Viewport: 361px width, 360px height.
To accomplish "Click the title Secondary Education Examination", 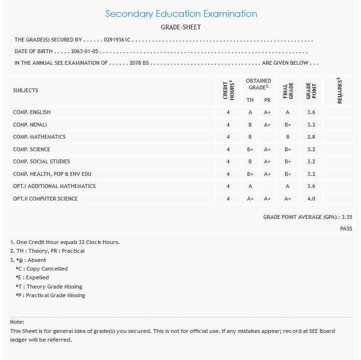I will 181,14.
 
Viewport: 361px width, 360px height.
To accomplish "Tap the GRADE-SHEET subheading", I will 181,28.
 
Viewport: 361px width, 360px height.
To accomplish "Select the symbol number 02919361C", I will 117,40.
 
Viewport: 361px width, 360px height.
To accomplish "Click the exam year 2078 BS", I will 139,63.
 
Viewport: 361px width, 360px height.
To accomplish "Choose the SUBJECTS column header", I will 26,90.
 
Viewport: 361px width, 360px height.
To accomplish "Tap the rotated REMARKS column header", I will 340,90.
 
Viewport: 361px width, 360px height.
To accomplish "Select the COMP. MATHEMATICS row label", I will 39,137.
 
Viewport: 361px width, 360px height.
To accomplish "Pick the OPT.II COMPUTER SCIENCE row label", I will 45,199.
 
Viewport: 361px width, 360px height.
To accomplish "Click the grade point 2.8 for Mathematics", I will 311,137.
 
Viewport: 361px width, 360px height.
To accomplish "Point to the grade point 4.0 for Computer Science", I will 311,199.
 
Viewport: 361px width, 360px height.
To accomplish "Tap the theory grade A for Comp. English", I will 250,113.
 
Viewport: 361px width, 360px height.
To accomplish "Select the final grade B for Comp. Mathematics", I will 288,137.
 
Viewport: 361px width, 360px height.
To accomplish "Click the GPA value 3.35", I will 347,217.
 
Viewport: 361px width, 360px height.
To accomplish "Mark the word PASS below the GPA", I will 346,229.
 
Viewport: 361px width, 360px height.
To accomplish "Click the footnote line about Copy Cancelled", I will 42,269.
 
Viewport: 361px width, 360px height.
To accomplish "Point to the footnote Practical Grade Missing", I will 50,295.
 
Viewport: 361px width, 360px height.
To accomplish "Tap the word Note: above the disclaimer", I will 17,322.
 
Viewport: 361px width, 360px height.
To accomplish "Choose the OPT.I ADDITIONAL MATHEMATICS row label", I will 54,186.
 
